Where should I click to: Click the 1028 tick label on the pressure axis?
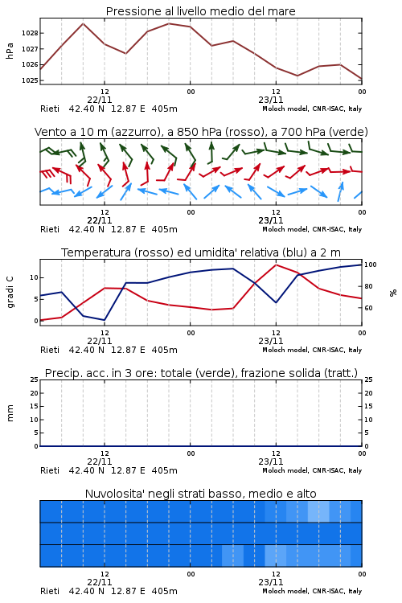pyautogui.click(x=30, y=33)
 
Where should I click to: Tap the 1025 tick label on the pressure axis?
pyautogui.click(x=30, y=80)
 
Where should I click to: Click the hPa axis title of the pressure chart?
pyautogui.click(x=10, y=51)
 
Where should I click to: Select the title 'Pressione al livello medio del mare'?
pyautogui.click(x=201, y=11)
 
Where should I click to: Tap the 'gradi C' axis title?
pyautogui.click(x=10, y=293)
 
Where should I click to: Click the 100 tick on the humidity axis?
pyautogui.click(x=370, y=265)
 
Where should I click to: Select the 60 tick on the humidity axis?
pyautogui.click(x=368, y=308)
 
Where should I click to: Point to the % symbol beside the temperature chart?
pyautogui.click(x=393, y=293)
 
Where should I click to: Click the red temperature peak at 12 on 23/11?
pyautogui.click(x=276, y=265)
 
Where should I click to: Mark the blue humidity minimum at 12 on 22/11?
pyautogui.click(x=105, y=320)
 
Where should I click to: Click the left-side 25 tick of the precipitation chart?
pyautogui.click(x=35, y=379)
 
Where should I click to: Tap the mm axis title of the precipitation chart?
pyautogui.click(x=10, y=413)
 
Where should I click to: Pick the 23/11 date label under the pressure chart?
pyautogui.click(x=271, y=100)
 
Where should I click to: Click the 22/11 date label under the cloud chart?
pyautogui.click(x=100, y=582)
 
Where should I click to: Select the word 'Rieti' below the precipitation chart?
pyautogui.click(x=50, y=470)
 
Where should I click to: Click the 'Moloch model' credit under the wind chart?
pyautogui.click(x=285, y=229)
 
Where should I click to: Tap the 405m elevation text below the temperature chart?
pyautogui.click(x=165, y=350)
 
